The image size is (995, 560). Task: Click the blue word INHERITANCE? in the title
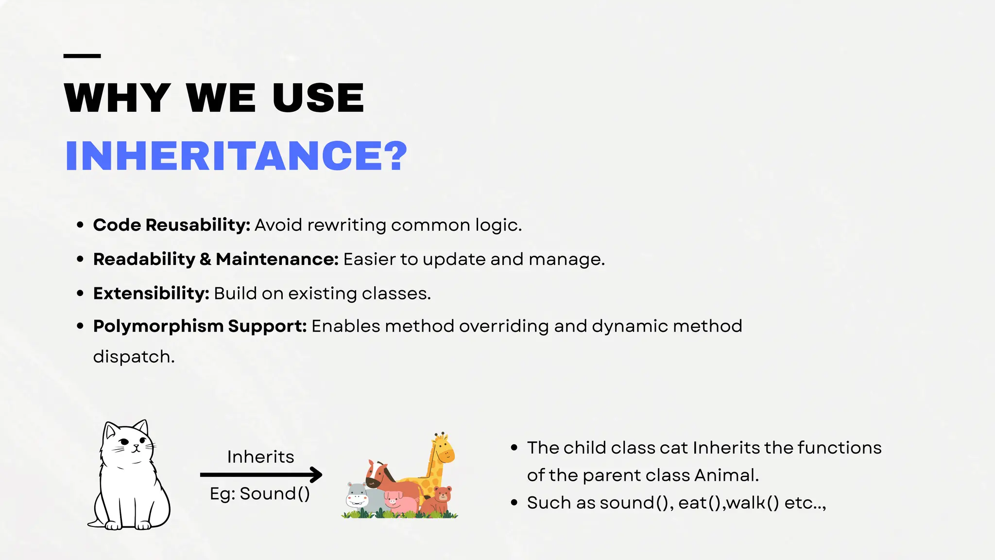tap(236, 156)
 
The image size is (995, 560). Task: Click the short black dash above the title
tap(82, 56)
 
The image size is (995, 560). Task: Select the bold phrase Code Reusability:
tap(172, 225)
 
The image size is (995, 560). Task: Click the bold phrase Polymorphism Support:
tap(200, 326)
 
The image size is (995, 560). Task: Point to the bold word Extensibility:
tap(151, 294)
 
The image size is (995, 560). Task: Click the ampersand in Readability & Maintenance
tap(206, 260)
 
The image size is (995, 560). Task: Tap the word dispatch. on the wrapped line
tap(134, 357)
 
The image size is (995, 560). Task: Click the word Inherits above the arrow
tap(260, 457)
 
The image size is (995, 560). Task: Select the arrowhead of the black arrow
tap(317, 474)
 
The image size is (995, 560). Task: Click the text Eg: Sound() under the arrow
tap(260, 494)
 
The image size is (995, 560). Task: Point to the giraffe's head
tap(443, 449)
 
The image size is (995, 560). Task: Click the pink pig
tap(399, 502)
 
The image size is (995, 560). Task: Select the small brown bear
tap(440, 500)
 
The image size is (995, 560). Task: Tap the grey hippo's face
tap(358, 496)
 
